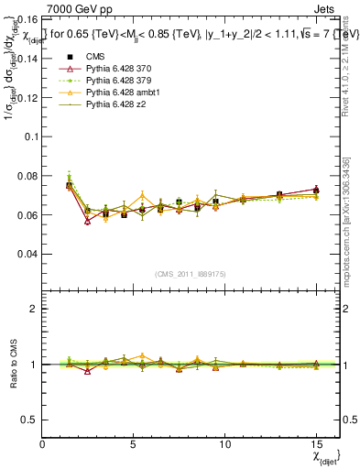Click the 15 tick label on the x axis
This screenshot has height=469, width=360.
point(315,443)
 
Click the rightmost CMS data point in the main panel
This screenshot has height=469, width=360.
point(315,191)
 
